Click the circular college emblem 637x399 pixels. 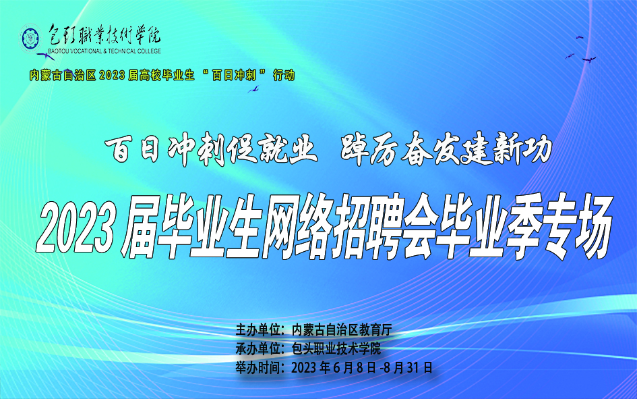[x=30, y=38]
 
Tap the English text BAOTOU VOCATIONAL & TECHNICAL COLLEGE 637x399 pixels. [x=104, y=51]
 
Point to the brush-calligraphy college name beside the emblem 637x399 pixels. [x=104, y=35]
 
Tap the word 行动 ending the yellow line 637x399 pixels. [x=284, y=75]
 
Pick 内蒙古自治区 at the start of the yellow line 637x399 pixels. [x=62, y=75]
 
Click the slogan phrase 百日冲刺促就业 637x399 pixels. [x=211, y=149]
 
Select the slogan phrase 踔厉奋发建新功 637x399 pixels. [x=446, y=149]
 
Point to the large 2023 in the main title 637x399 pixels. [x=75, y=229]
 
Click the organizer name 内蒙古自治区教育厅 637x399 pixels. [x=341, y=329]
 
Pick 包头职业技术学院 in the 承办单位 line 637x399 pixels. [x=336, y=348]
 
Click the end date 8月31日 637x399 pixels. [x=408, y=368]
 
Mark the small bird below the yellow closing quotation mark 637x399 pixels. [x=253, y=89]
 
